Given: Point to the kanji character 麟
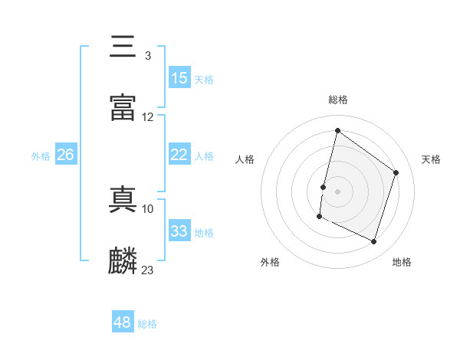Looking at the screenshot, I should click(123, 261).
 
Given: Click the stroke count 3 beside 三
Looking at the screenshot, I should click(148, 56).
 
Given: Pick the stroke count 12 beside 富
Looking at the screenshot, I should click(148, 117).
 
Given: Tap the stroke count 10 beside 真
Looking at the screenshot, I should click(148, 208).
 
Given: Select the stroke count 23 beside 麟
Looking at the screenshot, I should click(148, 270).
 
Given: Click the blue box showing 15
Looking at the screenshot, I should click(179, 78).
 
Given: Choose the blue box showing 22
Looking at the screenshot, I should click(179, 155).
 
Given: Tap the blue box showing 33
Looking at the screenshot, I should click(179, 231).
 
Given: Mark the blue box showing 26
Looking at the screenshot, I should click(66, 155).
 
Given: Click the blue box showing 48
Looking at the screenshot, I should click(123, 322).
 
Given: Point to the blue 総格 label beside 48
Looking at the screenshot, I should click(147, 324).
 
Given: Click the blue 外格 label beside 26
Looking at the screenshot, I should click(41, 156).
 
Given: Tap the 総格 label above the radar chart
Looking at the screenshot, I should click(338, 100).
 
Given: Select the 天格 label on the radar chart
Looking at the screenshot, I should click(432, 159).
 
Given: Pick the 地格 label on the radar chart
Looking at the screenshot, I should click(402, 263).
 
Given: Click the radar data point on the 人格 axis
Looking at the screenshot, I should click(324, 187).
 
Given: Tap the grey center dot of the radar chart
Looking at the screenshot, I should click(338, 191).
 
